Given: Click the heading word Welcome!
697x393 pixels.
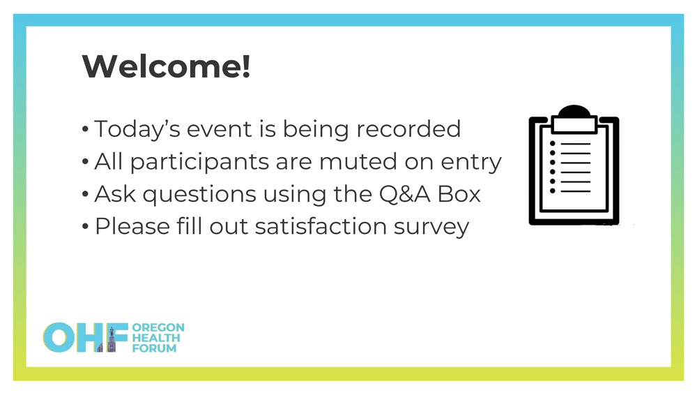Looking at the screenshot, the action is tap(167, 66).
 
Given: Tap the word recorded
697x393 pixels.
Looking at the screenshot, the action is tap(408, 128).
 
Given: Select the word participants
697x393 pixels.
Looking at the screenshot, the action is tap(199, 162).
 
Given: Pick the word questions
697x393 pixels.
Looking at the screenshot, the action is tap(199, 195).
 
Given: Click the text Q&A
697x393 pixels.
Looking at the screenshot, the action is tap(404, 194).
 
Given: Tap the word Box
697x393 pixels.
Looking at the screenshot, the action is tap(459, 194).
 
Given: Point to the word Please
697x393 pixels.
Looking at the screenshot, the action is tap(132, 226).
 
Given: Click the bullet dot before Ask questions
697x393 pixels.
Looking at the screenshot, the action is tap(85, 195).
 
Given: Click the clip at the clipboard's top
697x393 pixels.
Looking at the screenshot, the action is tap(574, 119).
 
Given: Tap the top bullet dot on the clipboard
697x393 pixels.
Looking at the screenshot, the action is tap(553, 143).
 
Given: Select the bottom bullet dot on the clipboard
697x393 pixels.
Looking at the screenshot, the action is tap(553, 191).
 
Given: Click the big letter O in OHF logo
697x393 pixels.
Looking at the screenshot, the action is tap(59, 337).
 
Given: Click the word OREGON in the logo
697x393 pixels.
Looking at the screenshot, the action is tap(158, 327).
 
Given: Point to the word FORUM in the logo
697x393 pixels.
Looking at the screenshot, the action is tap(154, 348).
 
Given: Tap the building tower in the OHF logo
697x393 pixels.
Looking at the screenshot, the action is tap(112, 340).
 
